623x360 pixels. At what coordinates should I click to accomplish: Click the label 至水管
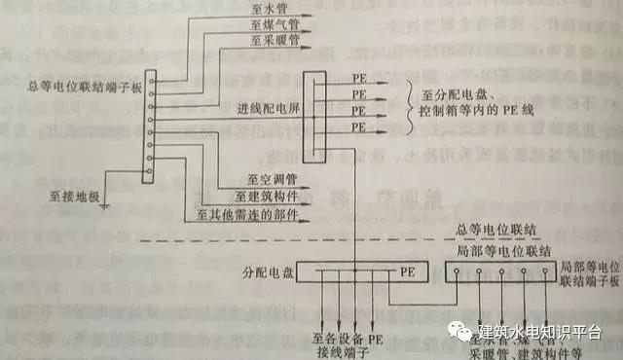pos(254,9)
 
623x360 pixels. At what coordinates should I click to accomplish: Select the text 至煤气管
pos(258,25)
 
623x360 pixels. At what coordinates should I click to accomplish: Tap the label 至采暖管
pos(258,41)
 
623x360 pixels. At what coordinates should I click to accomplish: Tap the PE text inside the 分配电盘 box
pos(383,273)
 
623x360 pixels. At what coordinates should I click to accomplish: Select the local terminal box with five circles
pos(500,273)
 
